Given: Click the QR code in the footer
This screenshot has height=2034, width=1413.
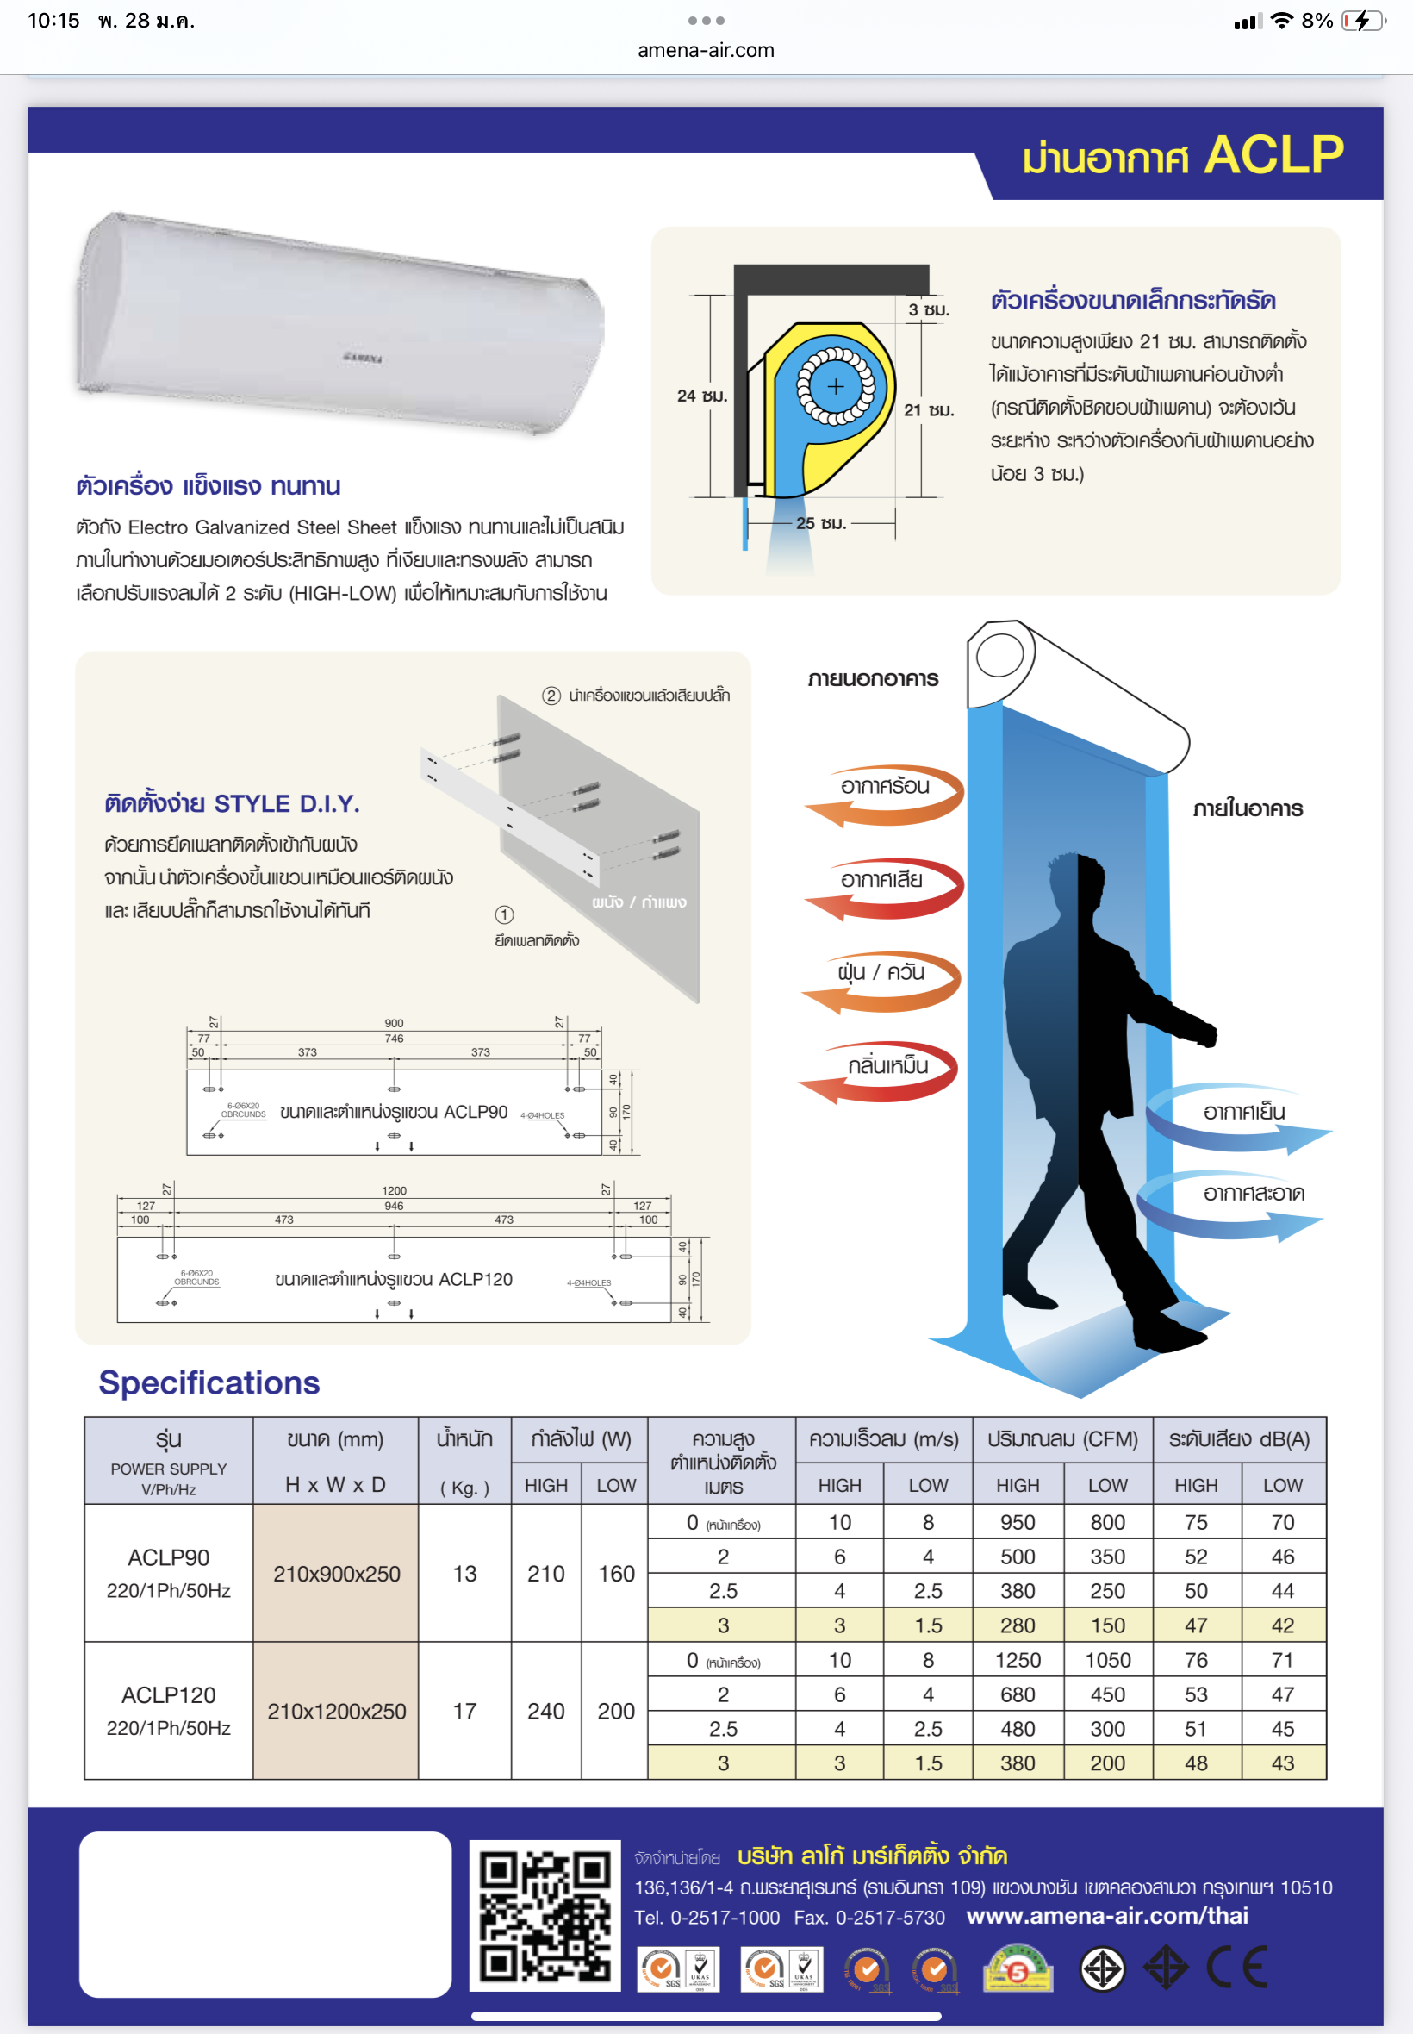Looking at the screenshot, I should click(545, 1915).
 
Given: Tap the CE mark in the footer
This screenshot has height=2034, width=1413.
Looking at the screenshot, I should click(1237, 1968).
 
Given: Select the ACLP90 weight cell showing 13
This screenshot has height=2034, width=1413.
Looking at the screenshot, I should click(464, 1574).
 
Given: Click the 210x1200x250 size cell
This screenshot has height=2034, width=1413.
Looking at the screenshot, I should click(336, 1711).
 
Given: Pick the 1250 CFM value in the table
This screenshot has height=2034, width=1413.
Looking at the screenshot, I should click(1018, 1659).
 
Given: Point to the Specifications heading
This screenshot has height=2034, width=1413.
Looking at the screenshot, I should click(209, 1382).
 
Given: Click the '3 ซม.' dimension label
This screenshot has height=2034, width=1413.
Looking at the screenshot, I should click(929, 310).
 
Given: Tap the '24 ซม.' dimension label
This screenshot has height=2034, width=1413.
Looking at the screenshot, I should click(702, 396).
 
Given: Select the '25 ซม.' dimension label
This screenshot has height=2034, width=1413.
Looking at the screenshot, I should click(821, 523).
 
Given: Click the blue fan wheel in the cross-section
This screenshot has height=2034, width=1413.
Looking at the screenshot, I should click(836, 386).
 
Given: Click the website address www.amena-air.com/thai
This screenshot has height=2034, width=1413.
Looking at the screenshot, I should click(1106, 1915).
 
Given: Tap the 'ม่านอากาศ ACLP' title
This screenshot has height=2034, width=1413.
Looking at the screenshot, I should click(1183, 156).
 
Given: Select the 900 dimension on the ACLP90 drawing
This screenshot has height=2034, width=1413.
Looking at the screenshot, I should click(394, 1023).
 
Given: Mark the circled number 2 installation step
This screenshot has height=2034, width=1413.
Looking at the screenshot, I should click(551, 696).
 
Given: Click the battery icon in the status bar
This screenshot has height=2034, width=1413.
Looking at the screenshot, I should click(1363, 21).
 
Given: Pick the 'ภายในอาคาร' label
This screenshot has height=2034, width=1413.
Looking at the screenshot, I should click(1248, 808).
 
